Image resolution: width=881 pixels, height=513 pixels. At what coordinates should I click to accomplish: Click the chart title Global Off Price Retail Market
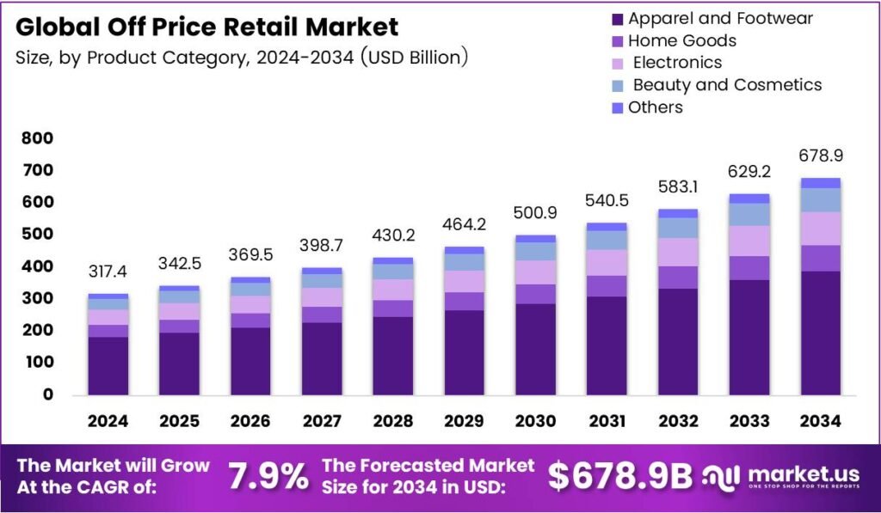(206, 27)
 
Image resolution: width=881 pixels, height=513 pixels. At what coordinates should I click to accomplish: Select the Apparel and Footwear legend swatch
(617, 19)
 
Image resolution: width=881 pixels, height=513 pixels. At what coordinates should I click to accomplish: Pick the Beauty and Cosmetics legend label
(727, 85)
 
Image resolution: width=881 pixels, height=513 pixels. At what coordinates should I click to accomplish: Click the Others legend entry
(655, 107)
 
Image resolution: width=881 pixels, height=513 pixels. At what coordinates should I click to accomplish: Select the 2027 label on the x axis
(324, 421)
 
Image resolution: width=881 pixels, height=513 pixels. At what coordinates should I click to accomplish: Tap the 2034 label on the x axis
(820, 421)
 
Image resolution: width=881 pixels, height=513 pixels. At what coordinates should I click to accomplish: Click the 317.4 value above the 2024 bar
(108, 272)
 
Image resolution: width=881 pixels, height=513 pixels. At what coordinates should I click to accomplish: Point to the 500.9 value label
(534, 213)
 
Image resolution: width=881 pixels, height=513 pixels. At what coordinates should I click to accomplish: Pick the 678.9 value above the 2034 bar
(820, 156)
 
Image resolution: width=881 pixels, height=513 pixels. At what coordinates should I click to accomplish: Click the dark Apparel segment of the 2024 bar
(108, 365)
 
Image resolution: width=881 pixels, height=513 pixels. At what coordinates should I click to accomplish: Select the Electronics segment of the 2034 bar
(820, 229)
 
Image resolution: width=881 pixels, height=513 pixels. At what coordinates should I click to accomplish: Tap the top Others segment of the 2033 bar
(749, 198)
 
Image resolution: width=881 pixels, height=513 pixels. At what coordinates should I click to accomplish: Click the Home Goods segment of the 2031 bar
(606, 286)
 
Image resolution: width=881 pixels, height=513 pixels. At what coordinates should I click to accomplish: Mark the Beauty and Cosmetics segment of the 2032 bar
(677, 228)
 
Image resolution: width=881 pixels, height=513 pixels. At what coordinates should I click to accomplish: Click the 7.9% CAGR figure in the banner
(268, 476)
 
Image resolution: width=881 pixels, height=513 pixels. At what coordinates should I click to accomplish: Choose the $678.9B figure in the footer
(619, 477)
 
